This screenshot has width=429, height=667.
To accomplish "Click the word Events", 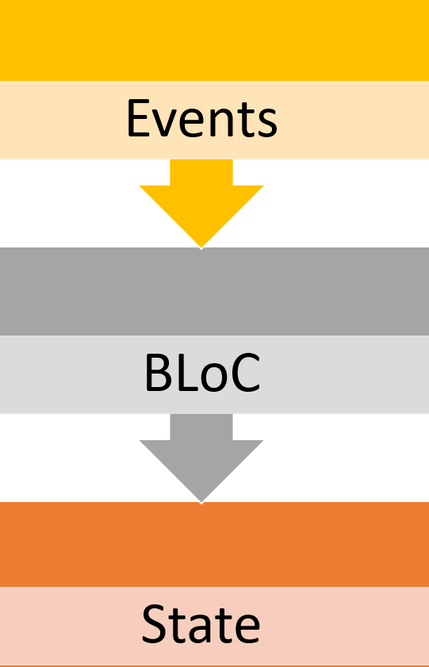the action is coord(202,118).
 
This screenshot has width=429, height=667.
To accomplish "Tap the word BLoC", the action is coord(202,373).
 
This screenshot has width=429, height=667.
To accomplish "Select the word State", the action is coord(201,624).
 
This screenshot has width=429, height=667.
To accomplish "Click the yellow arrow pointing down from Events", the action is coord(201,203).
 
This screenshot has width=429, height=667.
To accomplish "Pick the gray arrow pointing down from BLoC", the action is coord(201,458).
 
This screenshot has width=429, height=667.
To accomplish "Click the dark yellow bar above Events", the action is coord(214,40).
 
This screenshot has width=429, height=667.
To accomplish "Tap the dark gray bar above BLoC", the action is coord(214,291).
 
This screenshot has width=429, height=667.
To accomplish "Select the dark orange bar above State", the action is coord(214,544).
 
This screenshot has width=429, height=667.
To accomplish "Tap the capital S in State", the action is coord(154,624).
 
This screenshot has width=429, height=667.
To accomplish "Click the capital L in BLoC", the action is coord(186,373).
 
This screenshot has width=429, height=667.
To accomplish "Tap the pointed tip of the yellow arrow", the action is coord(201,248).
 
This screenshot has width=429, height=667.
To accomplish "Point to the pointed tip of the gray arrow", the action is coord(201,503).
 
